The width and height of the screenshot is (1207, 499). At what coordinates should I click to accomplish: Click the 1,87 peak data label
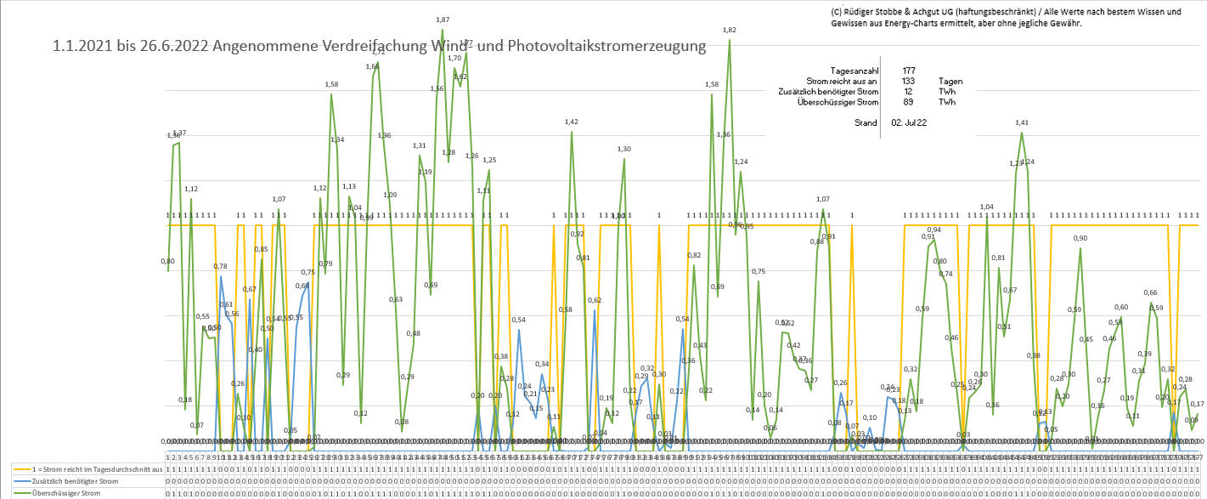(443, 20)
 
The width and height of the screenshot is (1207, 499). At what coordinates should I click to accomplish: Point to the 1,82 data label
(729, 30)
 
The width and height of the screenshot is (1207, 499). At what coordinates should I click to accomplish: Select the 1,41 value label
(1022, 122)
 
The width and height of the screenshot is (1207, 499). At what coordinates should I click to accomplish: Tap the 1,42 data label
(571, 122)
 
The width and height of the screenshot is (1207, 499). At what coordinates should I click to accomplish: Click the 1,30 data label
(624, 149)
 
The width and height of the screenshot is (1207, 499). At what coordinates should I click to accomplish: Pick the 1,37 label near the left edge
(179, 133)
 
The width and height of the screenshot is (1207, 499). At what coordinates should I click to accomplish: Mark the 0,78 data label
(221, 267)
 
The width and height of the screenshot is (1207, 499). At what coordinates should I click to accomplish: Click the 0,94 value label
(933, 230)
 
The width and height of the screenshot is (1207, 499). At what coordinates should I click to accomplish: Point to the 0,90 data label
(1080, 238)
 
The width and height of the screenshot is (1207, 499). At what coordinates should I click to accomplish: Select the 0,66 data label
(1150, 292)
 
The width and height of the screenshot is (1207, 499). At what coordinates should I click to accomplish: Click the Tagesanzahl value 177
(909, 70)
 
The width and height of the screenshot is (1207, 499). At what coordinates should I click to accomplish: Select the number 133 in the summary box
(909, 81)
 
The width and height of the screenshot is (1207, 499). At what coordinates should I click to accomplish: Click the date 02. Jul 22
(909, 122)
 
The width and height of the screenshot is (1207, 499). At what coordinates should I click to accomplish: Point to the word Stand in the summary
(866, 122)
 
